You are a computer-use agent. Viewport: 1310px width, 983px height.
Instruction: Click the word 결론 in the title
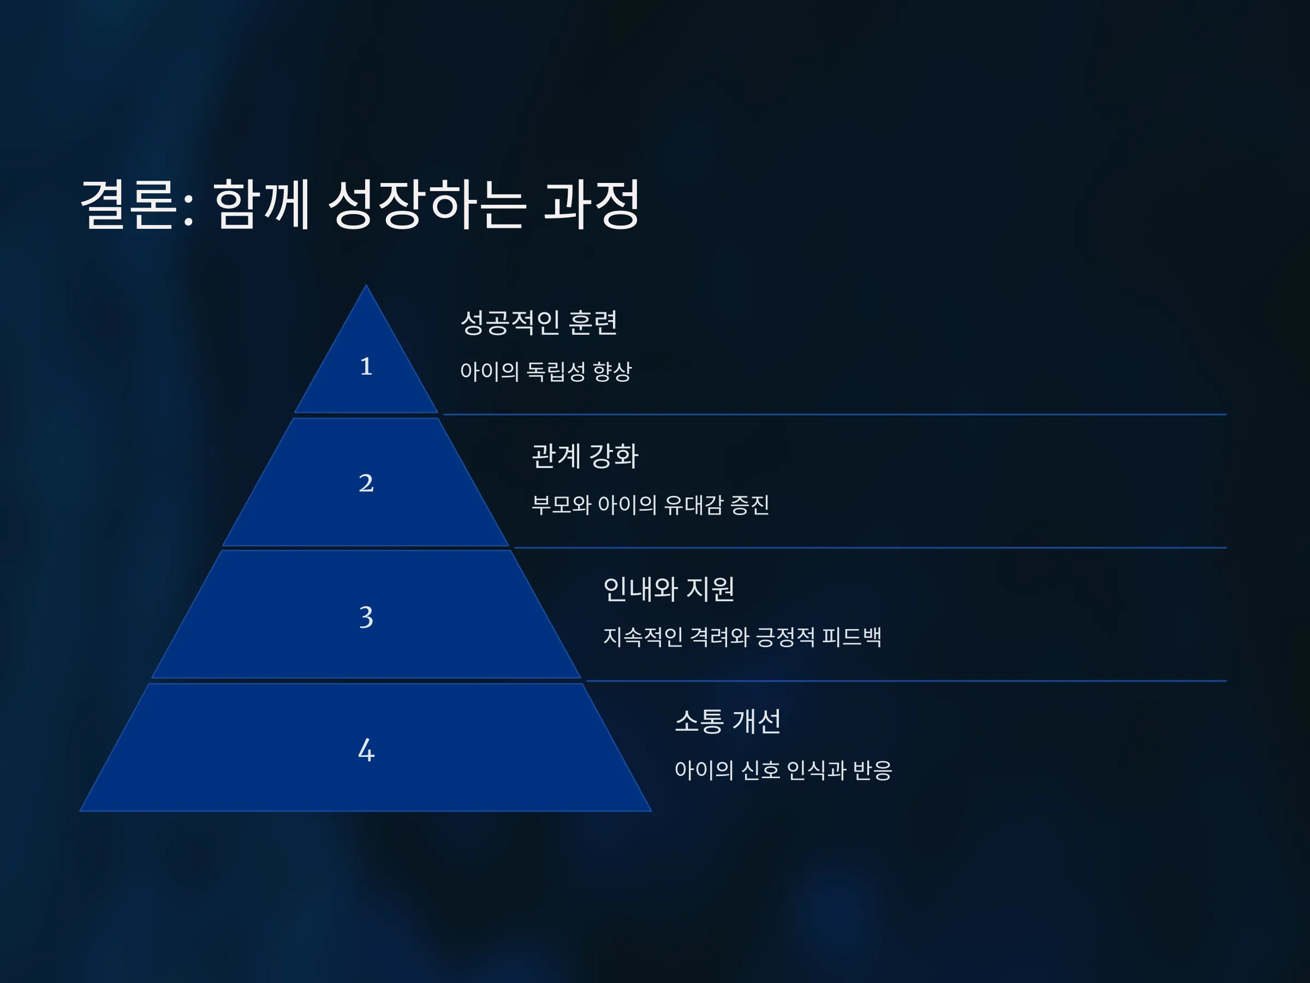[x=128, y=204]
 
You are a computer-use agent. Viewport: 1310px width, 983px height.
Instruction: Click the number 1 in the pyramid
[x=366, y=366]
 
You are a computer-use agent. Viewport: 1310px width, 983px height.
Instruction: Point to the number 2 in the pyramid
[x=366, y=483]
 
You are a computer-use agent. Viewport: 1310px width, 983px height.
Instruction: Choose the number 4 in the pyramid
[x=366, y=750]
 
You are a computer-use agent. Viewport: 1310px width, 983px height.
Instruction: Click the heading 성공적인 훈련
[x=539, y=323]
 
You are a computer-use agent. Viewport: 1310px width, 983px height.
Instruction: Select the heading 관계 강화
[x=585, y=455]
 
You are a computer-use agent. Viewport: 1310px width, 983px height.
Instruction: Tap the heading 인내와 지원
[x=669, y=589]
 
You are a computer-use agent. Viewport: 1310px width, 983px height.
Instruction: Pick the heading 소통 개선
[x=728, y=722]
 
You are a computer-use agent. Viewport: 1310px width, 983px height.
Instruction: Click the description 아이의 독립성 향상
[x=546, y=371]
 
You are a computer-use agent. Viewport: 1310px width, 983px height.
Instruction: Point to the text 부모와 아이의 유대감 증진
[x=650, y=505]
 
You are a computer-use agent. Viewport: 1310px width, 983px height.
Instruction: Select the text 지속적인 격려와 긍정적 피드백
[x=742, y=637]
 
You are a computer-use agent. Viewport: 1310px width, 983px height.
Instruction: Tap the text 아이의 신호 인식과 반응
[x=783, y=770]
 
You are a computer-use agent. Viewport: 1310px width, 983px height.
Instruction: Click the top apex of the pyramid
[x=366, y=285]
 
